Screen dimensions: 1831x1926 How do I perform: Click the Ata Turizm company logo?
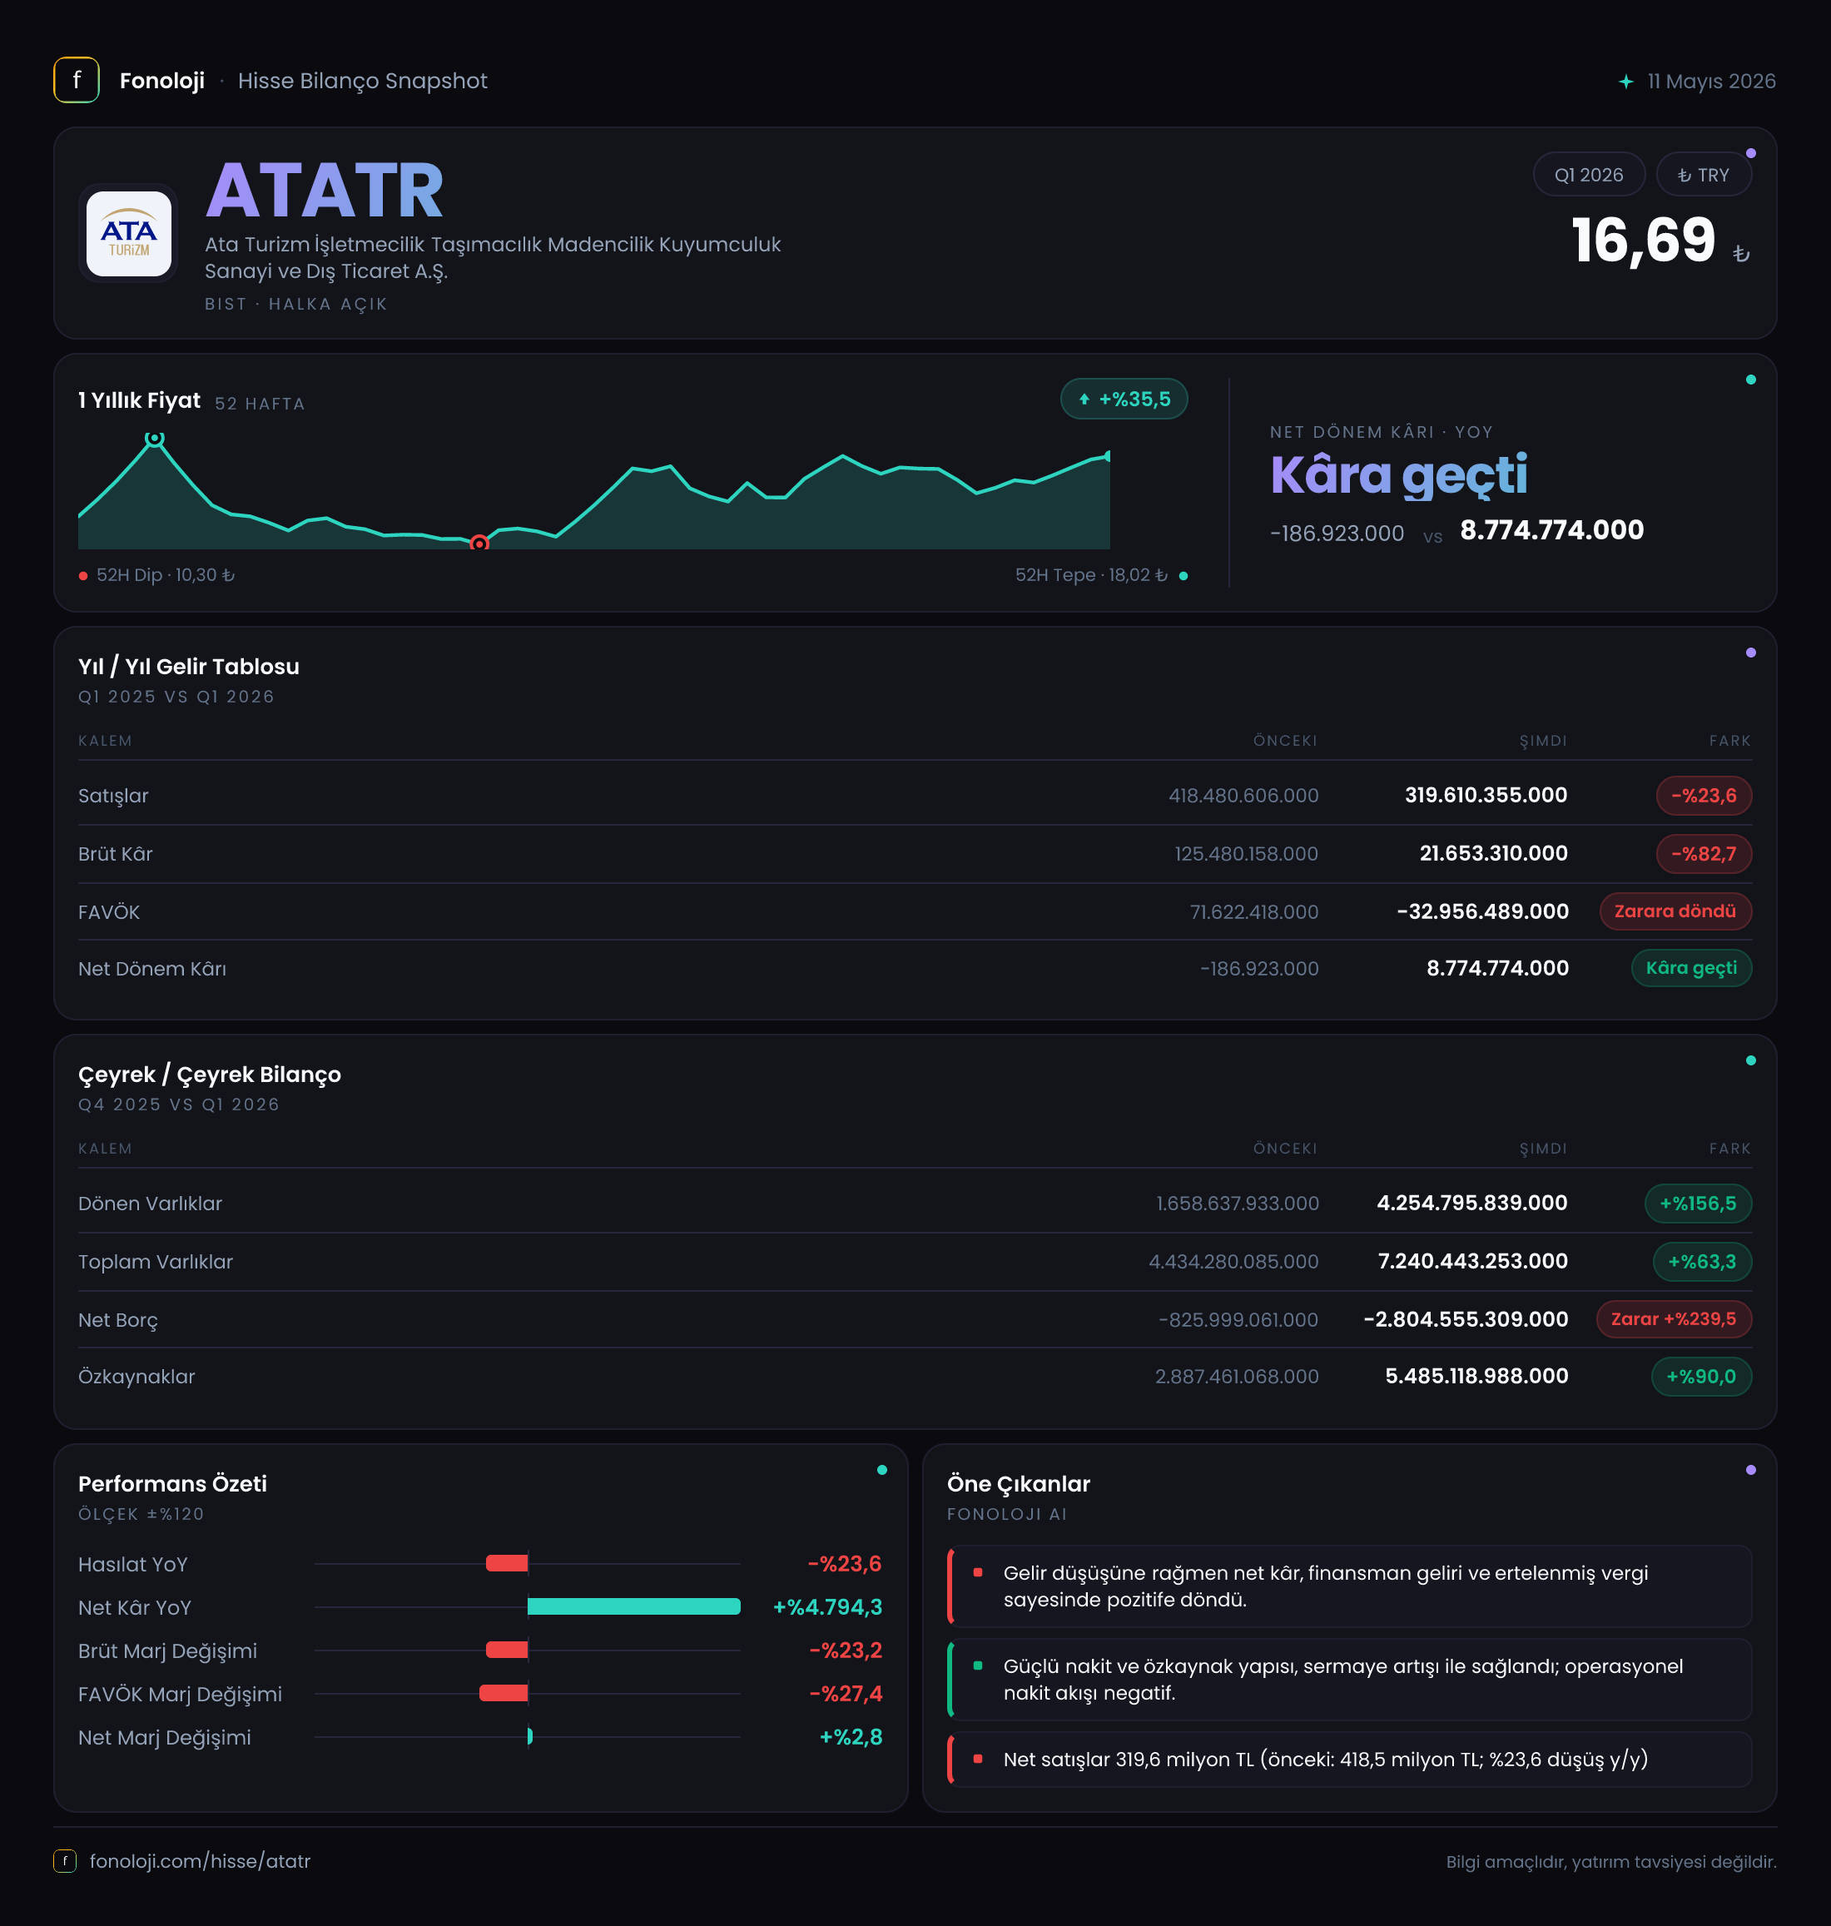[129, 234]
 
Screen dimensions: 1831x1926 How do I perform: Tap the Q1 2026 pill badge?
[1588, 175]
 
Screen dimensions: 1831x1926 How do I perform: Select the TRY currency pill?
[1703, 175]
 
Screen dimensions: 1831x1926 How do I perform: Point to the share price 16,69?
[1643, 241]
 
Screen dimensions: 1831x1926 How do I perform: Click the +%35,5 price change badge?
[1124, 400]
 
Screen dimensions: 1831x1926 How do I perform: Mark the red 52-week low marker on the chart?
[479, 544]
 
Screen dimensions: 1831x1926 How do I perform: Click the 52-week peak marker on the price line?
[154, 439]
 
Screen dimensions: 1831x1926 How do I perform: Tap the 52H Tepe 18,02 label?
[1091, 575]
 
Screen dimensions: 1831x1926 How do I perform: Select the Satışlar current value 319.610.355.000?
[1486, 796]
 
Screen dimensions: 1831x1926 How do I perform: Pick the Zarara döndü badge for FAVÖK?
[1675, 911]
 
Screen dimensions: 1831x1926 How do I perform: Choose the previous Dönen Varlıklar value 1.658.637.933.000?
[1237, 1204]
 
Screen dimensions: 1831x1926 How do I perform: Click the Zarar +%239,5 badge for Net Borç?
[1673, 1318]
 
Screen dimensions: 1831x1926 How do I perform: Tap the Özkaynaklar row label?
[136, 1377]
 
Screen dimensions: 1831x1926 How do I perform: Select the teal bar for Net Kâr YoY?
[633, 1606]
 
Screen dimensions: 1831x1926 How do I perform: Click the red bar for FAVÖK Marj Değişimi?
[504, 1693]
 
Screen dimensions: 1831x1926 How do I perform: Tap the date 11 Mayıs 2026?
[1711, 81]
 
